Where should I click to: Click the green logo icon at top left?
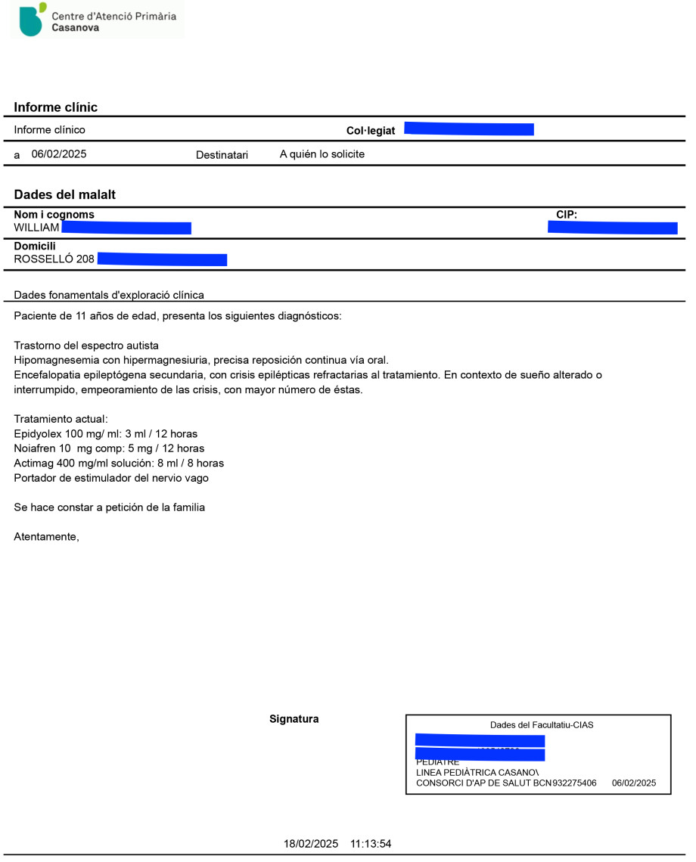32,20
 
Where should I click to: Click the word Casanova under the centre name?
75,28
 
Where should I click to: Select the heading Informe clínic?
56,107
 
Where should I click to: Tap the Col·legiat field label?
371,131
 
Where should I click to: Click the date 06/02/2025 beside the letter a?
59,154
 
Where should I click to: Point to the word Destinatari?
222,155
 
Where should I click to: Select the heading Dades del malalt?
65,194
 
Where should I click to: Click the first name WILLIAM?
37,228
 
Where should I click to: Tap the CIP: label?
567,215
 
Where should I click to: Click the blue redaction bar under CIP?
612,228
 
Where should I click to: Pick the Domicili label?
35,247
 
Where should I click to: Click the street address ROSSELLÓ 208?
54,259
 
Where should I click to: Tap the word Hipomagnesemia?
51,360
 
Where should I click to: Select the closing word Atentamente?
46,537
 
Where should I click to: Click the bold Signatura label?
294,719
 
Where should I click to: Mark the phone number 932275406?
574,783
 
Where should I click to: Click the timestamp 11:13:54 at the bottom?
371,844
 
